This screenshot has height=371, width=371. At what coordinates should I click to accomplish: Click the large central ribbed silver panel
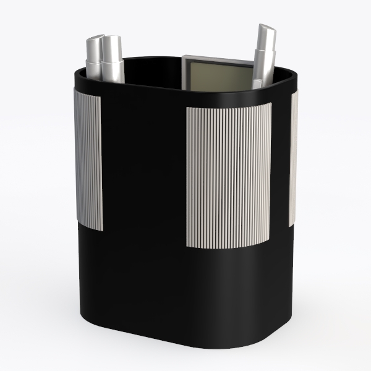tap(228, 176)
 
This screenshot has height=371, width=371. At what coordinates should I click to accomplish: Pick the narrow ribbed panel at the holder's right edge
tap(292, 158)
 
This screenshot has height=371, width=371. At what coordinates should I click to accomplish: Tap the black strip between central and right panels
tap(280, 161)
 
